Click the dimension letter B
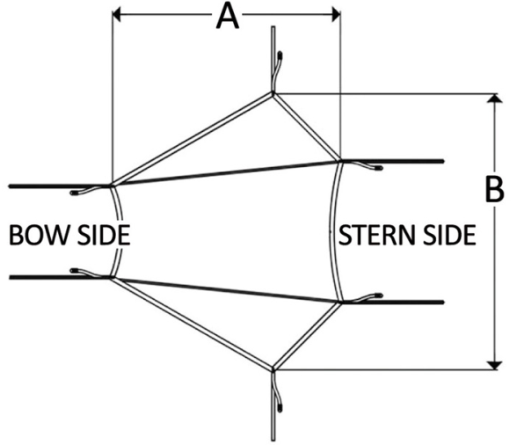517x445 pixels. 494,189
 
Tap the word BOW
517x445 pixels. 41,235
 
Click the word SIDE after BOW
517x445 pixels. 104,235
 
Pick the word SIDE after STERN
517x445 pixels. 450,235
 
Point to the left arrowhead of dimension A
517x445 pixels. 117,15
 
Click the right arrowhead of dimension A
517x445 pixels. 336,15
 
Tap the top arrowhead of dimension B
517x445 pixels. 494,98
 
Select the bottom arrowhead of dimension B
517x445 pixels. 494,365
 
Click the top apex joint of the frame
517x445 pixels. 273,94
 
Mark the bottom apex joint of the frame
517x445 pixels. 273,368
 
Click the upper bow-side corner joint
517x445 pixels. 113,186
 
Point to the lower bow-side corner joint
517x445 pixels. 113,277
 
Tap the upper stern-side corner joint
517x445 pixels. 340,161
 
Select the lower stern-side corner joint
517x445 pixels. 340,302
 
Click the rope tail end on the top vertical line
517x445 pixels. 280,55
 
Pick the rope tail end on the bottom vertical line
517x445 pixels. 280,408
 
